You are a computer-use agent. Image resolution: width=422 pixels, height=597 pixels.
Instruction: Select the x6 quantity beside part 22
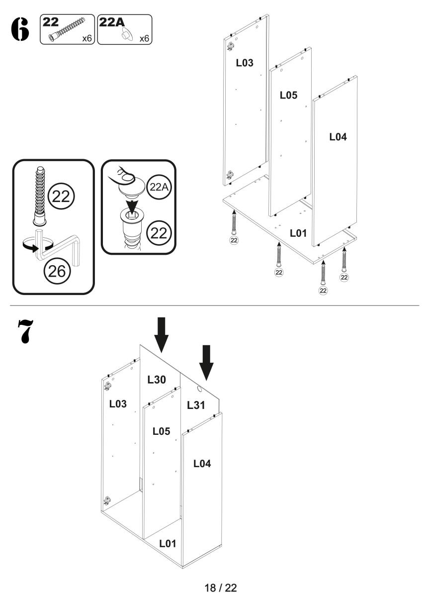tap(86, 38)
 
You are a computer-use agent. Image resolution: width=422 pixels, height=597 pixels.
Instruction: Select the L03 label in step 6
tap(244, 63)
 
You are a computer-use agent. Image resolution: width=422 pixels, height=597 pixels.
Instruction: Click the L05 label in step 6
tap(288, 95)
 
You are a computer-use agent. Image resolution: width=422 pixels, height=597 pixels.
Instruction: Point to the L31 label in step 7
tap(196, 405)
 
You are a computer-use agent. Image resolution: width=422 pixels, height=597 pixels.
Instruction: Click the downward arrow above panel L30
tap(161, 335)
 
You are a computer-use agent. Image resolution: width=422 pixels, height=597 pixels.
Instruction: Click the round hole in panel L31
tap(200, 388)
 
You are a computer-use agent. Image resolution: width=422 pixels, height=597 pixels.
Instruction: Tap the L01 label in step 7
tap(168, 544)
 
